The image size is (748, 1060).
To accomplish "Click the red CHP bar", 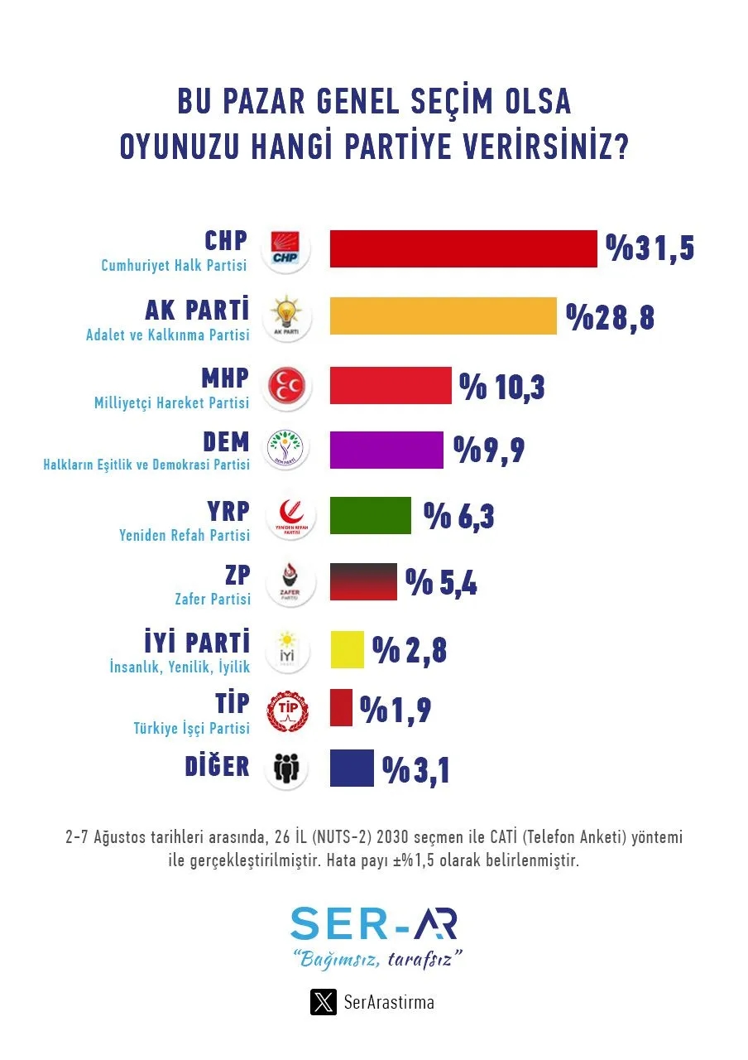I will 463,248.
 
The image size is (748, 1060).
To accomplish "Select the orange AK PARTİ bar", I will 443,316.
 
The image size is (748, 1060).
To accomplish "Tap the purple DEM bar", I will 386,450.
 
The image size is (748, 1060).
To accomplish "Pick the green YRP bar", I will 370,515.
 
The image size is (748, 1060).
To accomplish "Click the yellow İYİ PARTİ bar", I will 347,649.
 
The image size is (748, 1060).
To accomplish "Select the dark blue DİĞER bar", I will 352,767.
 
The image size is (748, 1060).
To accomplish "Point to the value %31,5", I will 650,248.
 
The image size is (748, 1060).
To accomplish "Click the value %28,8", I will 611,316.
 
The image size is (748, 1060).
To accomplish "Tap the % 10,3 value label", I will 502,385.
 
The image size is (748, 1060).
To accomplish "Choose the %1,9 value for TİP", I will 396,709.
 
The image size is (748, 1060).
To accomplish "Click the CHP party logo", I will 285,248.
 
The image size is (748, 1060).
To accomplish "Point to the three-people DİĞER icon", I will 285,768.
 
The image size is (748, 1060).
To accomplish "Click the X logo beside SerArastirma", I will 323,1002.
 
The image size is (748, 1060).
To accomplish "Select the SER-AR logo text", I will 374,923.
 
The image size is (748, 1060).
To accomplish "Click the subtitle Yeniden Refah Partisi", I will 184,535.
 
